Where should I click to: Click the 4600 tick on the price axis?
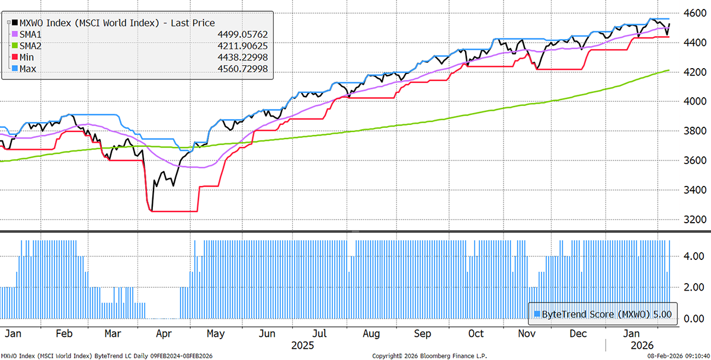tap(691, 13)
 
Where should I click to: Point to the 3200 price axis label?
tap(691, 220)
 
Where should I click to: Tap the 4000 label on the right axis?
tap(691, 101)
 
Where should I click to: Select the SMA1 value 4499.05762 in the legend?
tap(241, 34)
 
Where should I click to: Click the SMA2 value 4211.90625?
tap(241, 46)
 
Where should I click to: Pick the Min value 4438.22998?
tap(241, 57)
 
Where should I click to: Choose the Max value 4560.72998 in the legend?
tap(241, 69)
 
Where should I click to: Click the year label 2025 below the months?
tap(304, 345)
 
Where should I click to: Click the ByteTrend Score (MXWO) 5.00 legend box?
tap(603, 314)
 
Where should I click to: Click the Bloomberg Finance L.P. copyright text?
tap(421, 356)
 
